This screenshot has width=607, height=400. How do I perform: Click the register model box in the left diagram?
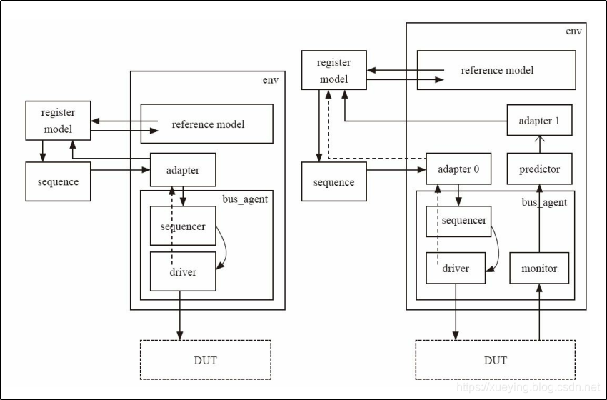pos(58,121)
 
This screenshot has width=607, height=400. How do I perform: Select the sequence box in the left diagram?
pos(58,181)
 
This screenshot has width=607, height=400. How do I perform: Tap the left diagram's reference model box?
pos(207,124)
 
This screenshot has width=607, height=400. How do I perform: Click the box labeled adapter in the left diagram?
pos(183,170)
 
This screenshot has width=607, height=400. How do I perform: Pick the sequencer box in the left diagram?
pos(183,226)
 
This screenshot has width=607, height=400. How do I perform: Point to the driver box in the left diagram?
pos(183,271)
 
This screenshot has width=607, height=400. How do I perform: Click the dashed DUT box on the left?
pos(206,359)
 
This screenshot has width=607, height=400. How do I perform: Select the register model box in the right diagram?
pos(333,70)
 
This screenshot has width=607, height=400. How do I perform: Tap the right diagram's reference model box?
pos(496,70)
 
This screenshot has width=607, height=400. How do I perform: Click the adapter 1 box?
pos(540,121)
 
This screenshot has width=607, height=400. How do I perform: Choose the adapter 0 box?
pos(458,169)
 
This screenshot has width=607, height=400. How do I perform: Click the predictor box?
pos(540,169)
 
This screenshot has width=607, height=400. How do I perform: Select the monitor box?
pos(539,269)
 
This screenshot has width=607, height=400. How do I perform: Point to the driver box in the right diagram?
pos(456,269)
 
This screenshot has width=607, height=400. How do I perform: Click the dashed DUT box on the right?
pos(496,359)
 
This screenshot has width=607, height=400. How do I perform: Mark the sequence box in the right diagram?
pos(333,181)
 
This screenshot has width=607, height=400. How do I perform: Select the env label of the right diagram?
pos(573,31)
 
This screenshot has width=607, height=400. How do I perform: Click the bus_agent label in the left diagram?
pos(246,199)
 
